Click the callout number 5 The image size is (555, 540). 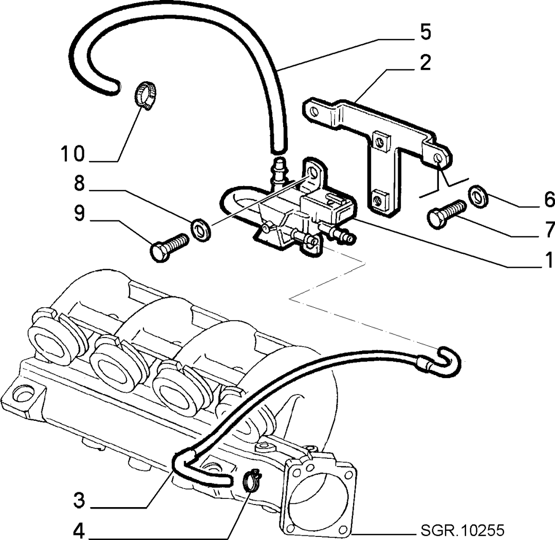pos(426,32)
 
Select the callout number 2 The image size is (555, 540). pos(425,62)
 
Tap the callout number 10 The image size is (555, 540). pos(73,154)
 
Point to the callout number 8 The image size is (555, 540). pos(79,183)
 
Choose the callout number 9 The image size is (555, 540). pos(79,213)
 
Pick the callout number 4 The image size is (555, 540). pos(79,530)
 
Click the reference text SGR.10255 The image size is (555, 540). pos(462,530)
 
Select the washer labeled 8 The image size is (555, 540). pos(201,230)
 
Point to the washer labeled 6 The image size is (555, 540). pos(478,196)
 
